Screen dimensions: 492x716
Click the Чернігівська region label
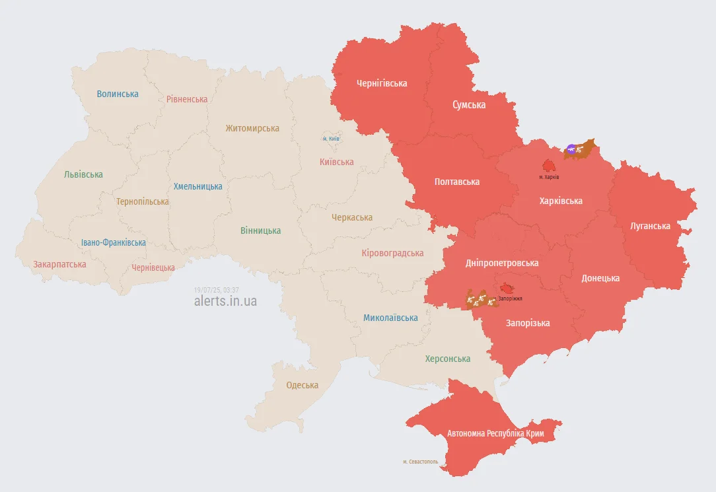click(381, 83)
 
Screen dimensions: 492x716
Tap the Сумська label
click(469, 105)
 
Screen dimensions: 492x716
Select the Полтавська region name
click(457, 182)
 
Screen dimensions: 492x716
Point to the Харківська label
click(561, 201)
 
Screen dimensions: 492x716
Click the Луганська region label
click(650, 226)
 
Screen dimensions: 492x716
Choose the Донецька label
click(600, 278)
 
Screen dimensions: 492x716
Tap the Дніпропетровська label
click(502, 263)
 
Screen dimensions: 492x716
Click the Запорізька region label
click(528, 323)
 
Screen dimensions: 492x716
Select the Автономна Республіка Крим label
click(495, 434)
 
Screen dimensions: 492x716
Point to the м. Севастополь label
click(420, 462)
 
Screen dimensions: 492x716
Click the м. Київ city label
click(331, 139)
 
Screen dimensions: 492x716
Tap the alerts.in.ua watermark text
click(225, 301)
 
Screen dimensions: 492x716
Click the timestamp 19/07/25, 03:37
click(217, 290)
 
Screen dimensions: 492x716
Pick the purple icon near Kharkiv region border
click(570, 150)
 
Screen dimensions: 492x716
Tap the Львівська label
click(83, 174)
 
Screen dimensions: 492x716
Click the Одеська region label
click(302, 385)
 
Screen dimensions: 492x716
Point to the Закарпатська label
click(59, 264)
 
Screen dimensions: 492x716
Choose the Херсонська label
click(448, 359)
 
